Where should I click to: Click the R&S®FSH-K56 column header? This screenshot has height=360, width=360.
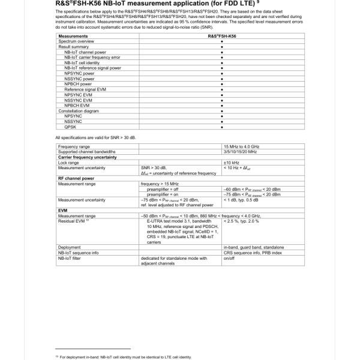tap(222, 36)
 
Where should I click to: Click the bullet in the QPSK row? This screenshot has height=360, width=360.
tap(222, 127)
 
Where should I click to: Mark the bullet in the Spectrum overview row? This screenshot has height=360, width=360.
tap(222, 41)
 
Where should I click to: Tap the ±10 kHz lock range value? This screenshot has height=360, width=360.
tap(232, 163)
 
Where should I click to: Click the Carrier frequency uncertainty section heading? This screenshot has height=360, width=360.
tap(87, 157)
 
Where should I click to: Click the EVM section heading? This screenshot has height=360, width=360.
tap(62, 211)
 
